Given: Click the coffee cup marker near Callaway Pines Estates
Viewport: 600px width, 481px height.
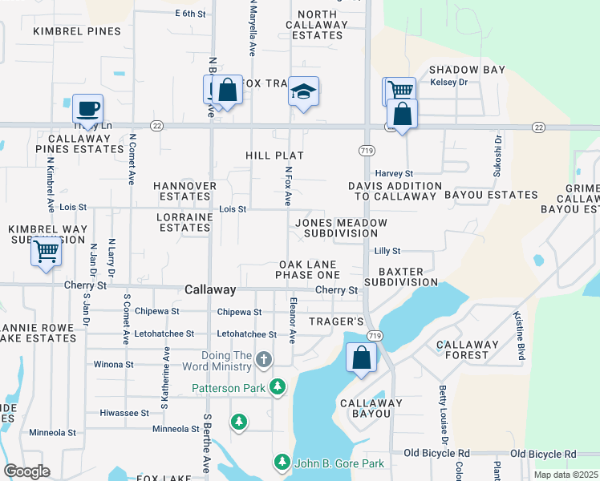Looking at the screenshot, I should coord(87,107).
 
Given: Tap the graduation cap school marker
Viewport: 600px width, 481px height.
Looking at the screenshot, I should coord(304,91).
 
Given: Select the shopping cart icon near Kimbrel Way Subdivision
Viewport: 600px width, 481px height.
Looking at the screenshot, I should coord(47,251).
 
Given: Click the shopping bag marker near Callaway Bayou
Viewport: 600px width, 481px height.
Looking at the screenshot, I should coord(362,358).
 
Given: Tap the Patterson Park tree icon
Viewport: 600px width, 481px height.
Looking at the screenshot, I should coord(278,388).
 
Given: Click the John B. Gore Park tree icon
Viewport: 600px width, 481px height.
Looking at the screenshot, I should coord(282,463).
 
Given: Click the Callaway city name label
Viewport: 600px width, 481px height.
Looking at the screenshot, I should coord(210,290).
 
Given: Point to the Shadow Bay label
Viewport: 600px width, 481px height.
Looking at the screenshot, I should coord(467,70).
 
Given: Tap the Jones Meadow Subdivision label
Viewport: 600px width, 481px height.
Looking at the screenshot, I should coord(341,228).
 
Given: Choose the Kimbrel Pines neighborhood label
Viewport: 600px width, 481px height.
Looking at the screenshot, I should coord(77,31).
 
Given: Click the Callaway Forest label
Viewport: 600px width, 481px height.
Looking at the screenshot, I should coord(473,350).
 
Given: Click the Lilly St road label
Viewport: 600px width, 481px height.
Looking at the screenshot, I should coord(387,251).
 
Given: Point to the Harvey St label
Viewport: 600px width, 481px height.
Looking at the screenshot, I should coord(394,173).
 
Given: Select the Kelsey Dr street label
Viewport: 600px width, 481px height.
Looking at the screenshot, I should coord(449,83).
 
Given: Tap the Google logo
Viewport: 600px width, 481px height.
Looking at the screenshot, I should coord(26,471).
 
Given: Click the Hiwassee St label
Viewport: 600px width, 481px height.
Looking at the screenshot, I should coord(124,413).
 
